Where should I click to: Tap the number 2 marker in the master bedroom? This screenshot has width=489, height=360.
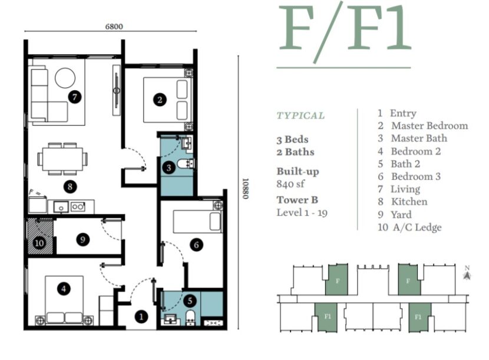click(x=159, y=100)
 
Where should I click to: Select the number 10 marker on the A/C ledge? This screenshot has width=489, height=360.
click(x=39, y=242)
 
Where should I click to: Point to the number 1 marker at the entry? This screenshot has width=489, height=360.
click(x=141, y=316)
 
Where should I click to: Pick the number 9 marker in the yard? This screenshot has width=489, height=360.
click(x=83, y=239)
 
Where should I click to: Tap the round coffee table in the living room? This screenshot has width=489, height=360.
click(x=65, y=78)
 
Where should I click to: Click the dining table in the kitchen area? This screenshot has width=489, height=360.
click(x=63, y=158)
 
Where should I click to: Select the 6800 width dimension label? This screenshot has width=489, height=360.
click(x=114, y=27)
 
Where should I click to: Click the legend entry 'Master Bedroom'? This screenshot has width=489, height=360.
click(x=429, y=125)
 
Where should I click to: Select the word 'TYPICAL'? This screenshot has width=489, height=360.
click(x=300, y=115)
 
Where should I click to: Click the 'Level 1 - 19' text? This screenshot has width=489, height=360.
click(x=302, y=212)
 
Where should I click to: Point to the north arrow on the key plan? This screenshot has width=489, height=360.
click(x=467, y=274)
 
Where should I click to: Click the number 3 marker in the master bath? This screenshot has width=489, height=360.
click(x=169, y=168)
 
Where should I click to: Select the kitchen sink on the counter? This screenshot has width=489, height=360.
click(x=60, y=206)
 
